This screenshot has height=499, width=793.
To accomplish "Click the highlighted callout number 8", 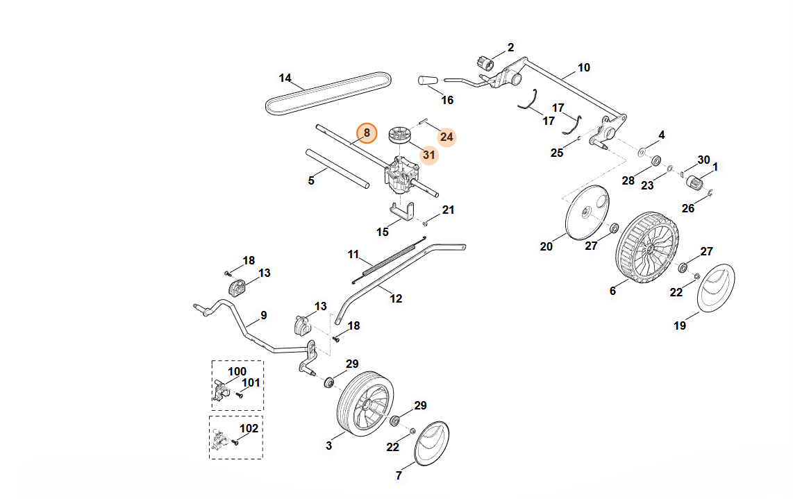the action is [367, 133].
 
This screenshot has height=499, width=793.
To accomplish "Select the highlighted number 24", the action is [446, 137].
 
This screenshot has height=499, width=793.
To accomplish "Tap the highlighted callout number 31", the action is [429, 155].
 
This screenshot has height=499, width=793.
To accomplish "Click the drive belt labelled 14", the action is [328, 92].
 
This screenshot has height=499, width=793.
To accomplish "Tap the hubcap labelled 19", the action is [716, 287].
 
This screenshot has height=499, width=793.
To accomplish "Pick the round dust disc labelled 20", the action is [587, 213].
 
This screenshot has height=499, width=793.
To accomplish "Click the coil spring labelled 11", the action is [390, 260].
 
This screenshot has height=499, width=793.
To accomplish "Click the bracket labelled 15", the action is [403, 212].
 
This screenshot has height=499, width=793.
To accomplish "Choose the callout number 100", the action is [237, 371].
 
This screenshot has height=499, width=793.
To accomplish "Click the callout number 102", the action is [249, 429].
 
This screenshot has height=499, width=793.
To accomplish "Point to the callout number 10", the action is [583, 68].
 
